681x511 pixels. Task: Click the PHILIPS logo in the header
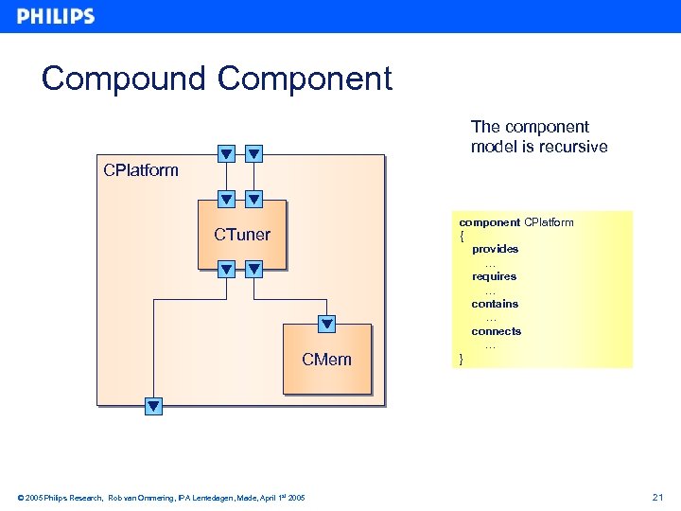[56, 16]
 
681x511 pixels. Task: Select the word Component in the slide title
[305, 79]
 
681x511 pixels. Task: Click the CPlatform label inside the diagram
[141, 170]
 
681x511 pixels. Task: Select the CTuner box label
[242, 235]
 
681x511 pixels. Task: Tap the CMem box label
[326, 360]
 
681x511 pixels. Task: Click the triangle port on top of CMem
[326, 324]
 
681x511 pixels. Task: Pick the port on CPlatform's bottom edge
[153, 407]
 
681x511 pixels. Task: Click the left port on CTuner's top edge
[226, 199]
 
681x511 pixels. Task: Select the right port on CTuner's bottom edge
[253, 270]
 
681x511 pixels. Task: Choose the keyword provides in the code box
[496, 249]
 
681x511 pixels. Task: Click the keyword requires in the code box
[495, 276]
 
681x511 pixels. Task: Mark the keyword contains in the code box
[495, 304]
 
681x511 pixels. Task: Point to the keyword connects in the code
[497, 331]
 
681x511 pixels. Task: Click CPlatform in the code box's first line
[549, 222]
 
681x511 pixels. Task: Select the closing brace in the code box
[462, 359]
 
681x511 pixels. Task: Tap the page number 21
[658, 497]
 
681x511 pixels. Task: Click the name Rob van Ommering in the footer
[141, 498]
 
